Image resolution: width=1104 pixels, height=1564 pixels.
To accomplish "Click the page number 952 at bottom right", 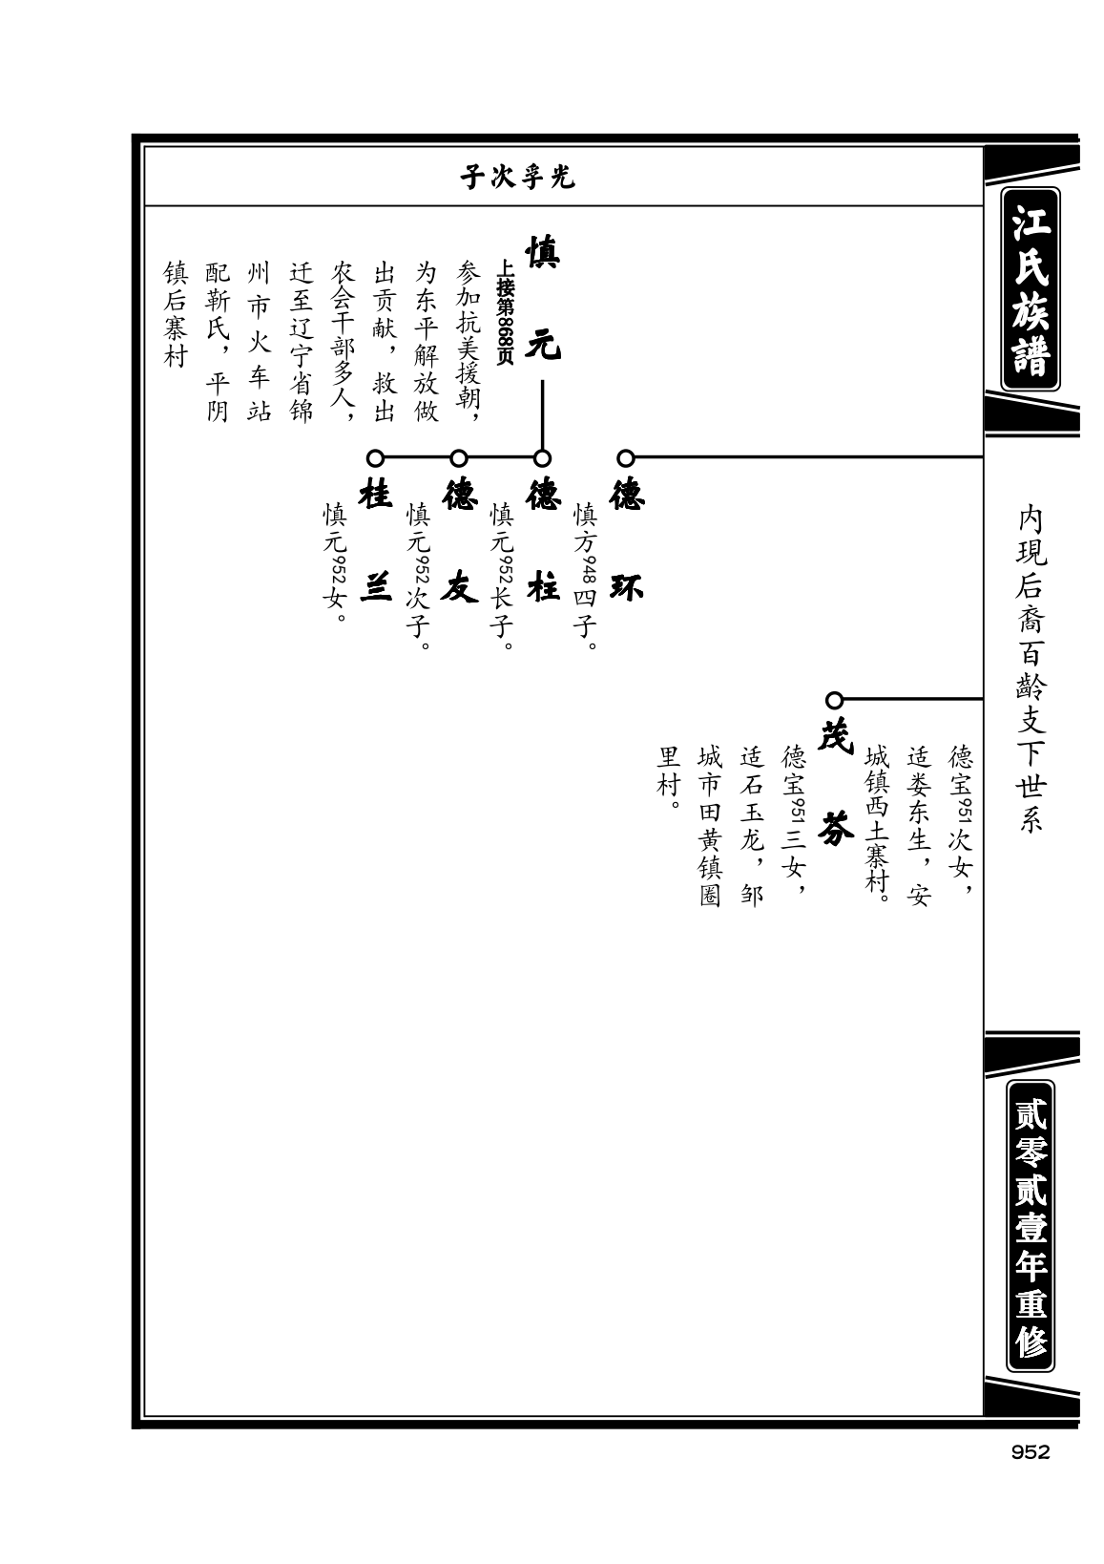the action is coord(1030,1453).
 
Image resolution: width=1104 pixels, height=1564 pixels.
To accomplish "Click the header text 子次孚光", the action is coord(518,178).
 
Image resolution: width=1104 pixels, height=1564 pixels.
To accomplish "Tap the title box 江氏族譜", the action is coord(1031,288).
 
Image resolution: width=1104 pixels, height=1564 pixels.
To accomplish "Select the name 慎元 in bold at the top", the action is coord(543,299).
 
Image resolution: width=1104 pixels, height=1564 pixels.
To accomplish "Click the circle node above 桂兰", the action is coord(375,458).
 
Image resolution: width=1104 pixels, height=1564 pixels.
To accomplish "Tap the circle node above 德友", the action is coord(458,458).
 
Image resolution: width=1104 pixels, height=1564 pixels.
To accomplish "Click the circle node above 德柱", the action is coord(542,458).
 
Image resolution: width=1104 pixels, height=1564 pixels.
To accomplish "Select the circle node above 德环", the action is coord(626,458).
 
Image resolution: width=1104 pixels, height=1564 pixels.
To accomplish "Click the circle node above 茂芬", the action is coord(834,700).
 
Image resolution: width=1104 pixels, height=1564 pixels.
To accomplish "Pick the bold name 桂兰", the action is coord(376,540).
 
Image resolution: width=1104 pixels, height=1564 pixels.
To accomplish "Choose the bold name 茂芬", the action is coord(835,783).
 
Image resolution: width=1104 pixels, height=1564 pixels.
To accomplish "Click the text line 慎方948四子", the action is coord(585,576).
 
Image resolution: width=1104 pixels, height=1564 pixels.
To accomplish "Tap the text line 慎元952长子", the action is coord(502,576).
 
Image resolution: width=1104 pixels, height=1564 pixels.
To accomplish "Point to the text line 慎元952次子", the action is coord(418,576).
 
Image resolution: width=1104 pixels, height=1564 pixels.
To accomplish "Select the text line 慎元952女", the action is coord(335,562).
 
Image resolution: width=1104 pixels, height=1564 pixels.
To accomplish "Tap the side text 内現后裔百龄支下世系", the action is coord(1031,669).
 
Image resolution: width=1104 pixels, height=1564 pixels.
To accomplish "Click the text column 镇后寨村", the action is coord(176,314).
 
